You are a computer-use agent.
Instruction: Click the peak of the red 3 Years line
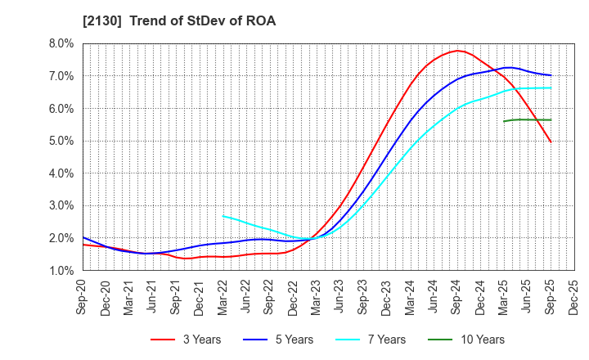(457, 51)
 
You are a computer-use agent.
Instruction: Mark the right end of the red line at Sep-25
(551, 142)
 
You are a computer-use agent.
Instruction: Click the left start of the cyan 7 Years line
(223, 216)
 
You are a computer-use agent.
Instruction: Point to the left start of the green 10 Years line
(504, 121)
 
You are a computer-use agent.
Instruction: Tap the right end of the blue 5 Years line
(551, 75)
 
